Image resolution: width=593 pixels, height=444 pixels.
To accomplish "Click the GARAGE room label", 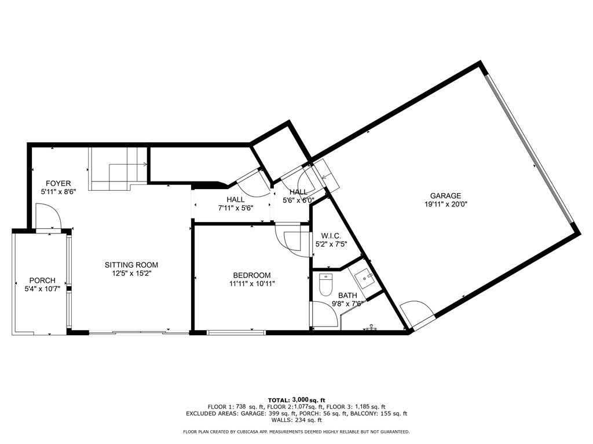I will pyautogui.click(x=445, y=195).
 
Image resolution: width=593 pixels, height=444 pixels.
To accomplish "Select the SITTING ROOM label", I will pyautogui.click(x=131, y=265).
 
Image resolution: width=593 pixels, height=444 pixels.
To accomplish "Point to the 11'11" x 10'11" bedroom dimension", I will pyautogui.click(x=251, y=284).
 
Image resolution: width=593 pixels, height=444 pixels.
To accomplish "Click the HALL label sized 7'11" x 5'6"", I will pyautogui.click(x=235, y=199).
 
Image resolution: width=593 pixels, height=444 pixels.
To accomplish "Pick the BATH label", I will pyautogui.click(x=347, y=295).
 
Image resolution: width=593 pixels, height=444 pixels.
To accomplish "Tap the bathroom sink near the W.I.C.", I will pyautogui.click(x=366, y=278).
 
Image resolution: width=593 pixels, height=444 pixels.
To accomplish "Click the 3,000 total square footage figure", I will pyautogui.click(x=301, y=400).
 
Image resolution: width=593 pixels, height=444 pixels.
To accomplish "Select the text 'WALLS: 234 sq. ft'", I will pyautogui.click(x=296, y=421).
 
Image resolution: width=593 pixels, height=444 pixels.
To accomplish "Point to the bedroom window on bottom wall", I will pyautogui.click(x=236, y=332).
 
